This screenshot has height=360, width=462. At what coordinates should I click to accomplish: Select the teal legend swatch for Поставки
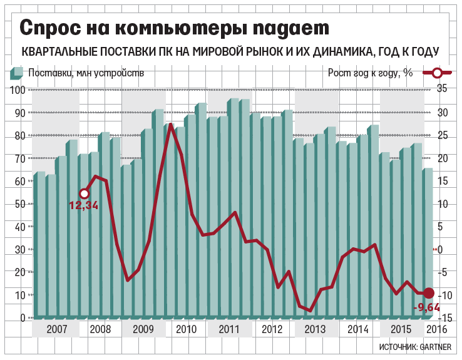click(x=16, y=73)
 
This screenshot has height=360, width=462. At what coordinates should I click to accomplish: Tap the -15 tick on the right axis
click(x=441, y=318)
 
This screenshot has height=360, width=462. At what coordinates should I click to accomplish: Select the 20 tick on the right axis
click(x=442, y=158)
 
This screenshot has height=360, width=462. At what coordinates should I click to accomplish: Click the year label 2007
click(x=56, y=329)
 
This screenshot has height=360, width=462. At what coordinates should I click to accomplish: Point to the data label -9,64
click(x=426, y=306)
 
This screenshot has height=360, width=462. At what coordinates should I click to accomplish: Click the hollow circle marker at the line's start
click(x=84, y=193)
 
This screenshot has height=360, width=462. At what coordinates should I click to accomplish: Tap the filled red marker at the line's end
click(x=429, y=292)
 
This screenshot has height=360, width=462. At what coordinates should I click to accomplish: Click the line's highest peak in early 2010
click(x=169, y=125)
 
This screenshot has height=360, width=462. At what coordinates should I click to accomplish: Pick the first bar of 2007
click(x=39, y=244)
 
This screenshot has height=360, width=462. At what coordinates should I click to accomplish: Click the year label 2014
click(x=357, y=329)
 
